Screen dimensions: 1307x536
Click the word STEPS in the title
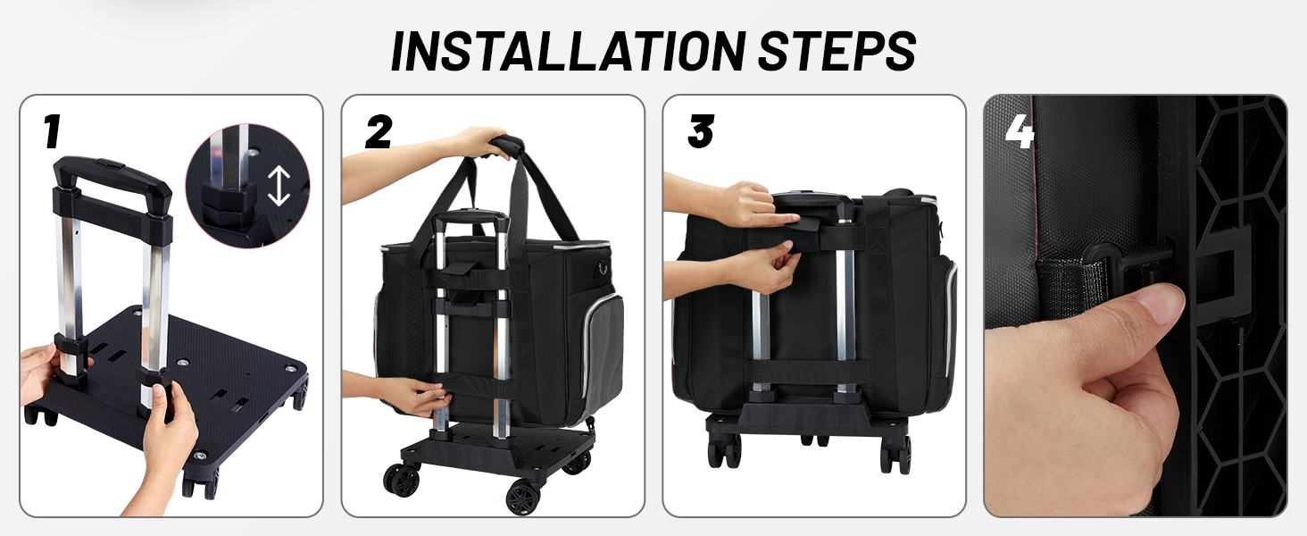[837, 51]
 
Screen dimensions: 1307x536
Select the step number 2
[379, 131]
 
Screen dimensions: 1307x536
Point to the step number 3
[701, 131]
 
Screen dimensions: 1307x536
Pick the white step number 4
[1020, 131]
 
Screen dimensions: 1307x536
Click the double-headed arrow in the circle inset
[279, 186]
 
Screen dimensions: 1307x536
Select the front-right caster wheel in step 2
[522, 498]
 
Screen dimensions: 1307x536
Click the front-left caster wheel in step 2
[402, 480]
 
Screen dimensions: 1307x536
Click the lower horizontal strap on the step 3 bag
[806, 372]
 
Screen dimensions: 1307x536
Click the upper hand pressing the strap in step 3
[753, 205]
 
